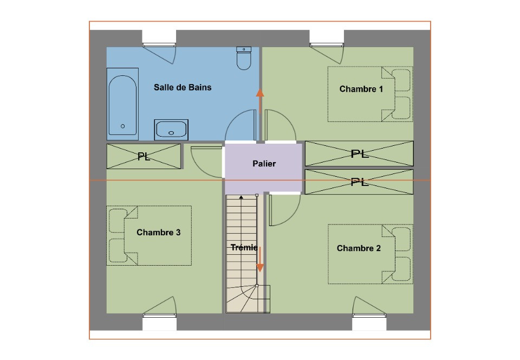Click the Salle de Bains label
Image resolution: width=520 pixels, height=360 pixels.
coord(183,87)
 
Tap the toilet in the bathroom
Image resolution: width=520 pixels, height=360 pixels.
coord(244,58)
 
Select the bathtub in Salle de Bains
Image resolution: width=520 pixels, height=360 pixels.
coord(122,104)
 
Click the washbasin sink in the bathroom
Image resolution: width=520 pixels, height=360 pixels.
coord(171,130)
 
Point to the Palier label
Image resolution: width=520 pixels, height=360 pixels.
coord(264,164)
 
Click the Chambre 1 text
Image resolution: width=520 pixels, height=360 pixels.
coord(361,89)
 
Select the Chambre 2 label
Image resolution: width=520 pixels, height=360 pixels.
coord(359,248)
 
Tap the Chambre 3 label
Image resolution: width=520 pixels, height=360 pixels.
coord(159,232)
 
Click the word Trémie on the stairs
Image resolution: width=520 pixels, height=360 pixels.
coord(244,247)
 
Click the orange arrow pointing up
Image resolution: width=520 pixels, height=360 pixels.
coord(260,101)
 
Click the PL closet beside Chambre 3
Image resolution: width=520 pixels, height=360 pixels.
coord(144,156)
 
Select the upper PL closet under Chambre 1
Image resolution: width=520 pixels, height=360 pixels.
coord(359,153)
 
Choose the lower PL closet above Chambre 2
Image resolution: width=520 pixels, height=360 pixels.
coord(359,182)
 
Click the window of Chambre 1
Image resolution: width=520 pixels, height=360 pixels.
coord(326,44)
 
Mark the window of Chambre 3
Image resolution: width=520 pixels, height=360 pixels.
coord(159,315)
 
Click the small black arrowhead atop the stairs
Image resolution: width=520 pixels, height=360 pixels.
coord(241,197)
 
